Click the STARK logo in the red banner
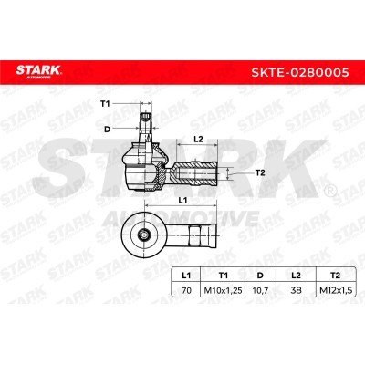(38, 72)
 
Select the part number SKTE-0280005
(299, 72)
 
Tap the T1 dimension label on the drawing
(105, 104)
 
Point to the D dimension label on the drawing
(107, 130)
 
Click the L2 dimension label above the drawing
(198, 139)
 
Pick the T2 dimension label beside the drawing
(260, 173)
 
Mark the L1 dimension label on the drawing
(182, 201)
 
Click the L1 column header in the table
(186, 276)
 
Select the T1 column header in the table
(224, 276)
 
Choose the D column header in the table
(260, 276)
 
